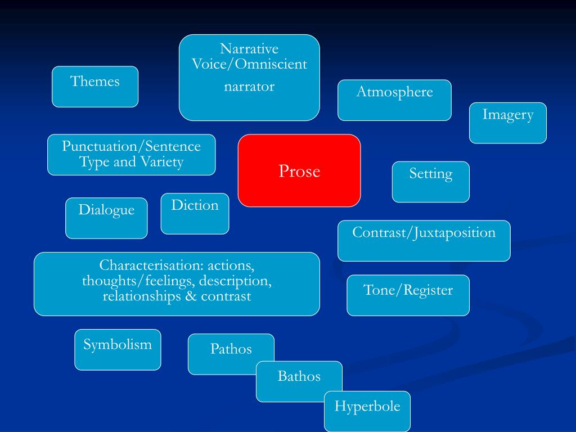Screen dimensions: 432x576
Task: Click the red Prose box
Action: [x=299, y=170]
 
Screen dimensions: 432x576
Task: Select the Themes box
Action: [x=95, y=86]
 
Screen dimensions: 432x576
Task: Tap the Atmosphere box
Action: [x=394, y=100]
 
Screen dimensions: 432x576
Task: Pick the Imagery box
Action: [x=507, y=123]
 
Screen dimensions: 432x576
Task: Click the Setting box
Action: [x=430, y=181]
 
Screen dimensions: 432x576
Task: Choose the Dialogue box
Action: [x=106, y=218]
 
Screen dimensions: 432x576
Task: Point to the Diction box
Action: [x=195, y=213]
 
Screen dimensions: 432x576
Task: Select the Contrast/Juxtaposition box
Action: [x=424, y=240]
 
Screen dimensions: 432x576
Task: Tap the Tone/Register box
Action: [x=408, y=295]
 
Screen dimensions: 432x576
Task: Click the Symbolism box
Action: [x=118, y=349]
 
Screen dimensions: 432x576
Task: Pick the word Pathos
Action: [x=231, y=349]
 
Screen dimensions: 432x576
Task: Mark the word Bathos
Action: [x=299, y=376]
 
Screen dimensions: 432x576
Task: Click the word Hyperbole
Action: [x=367, y=406]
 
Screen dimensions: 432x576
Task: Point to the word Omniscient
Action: [x=272, y=64]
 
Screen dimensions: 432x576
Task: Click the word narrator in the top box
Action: [x=249, y=87]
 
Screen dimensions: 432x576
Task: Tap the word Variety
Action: [x=163, y=163]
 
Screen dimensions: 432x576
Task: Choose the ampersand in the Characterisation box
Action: [x=190, y=296]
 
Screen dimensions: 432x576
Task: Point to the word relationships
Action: [x=141, y=296]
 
